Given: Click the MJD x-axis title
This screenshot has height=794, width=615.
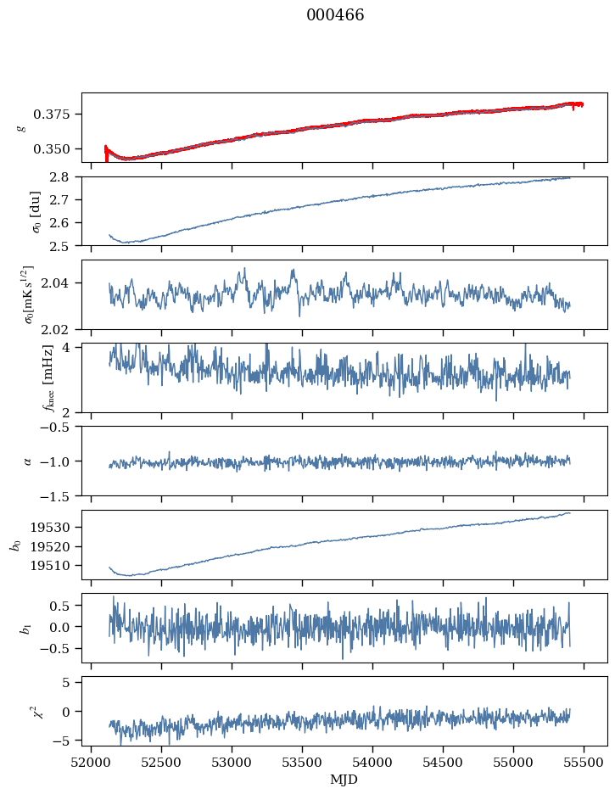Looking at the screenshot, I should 344,780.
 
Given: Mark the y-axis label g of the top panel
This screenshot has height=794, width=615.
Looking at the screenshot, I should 22,127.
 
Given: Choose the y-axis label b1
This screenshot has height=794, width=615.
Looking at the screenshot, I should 14,628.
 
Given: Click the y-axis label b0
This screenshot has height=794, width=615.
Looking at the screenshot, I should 14,545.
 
